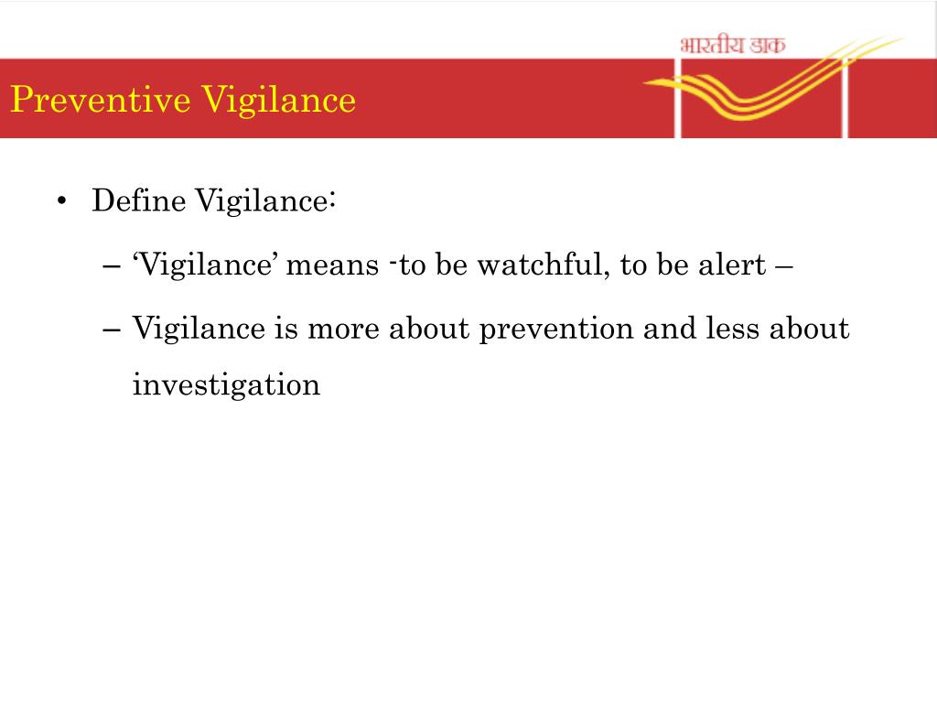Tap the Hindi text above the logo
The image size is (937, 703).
coord(732,44)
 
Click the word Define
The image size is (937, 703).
coord(140,200)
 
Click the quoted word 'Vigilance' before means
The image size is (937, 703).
coord(206,265)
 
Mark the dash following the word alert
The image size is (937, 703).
coord(784,266)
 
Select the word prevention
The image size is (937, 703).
coord(557,329)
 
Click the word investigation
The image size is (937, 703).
coord(226,384)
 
